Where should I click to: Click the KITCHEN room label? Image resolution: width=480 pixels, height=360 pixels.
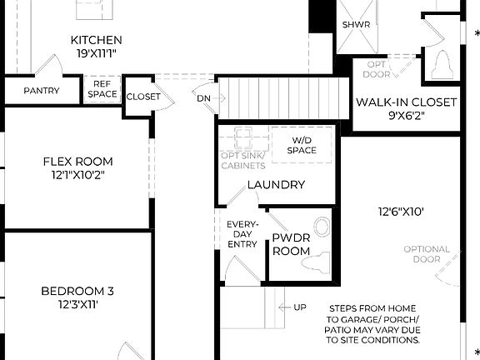pyautogui.click(x=96, y=40)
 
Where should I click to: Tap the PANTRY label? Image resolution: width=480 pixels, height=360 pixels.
pyautogui.click(x=41, y=91)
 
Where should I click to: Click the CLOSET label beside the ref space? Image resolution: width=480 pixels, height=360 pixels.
pyautogui.click(x=143, y=97)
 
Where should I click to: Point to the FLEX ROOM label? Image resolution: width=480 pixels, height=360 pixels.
pyautogui.click(x=77, y=162)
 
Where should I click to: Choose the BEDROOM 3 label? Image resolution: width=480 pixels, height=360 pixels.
pyautogui.click(x=77, y=291)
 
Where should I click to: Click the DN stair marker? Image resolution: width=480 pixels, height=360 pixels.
pyautogui.click(x=204, y=97)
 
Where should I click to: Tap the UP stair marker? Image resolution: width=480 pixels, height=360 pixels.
pyautogui.click(x=299, y=307)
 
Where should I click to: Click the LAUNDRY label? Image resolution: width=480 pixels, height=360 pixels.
pyautogui.click(x=276, y=185)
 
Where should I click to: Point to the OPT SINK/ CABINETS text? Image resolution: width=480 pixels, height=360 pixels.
pyautogui.click(x=243, y=161)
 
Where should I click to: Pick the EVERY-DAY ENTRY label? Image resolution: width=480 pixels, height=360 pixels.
pyautogui.click(x=242, y=233)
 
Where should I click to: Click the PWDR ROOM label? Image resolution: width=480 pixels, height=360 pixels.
pyautogui.click(x=292, y=244)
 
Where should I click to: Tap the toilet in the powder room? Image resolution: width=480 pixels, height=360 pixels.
pyautogui.click(x=315, y=263)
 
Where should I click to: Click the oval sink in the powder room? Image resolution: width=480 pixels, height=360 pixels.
pyautogui.click(x=321, y=227)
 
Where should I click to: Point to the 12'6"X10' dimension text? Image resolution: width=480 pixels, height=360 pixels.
pyautogui.click(x=400, y=212)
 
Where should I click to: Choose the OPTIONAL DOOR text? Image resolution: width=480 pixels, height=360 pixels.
pyautogui.click(x=427, y=254)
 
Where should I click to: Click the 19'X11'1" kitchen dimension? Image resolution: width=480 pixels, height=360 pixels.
pyautogui.click(x=96, y=53)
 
